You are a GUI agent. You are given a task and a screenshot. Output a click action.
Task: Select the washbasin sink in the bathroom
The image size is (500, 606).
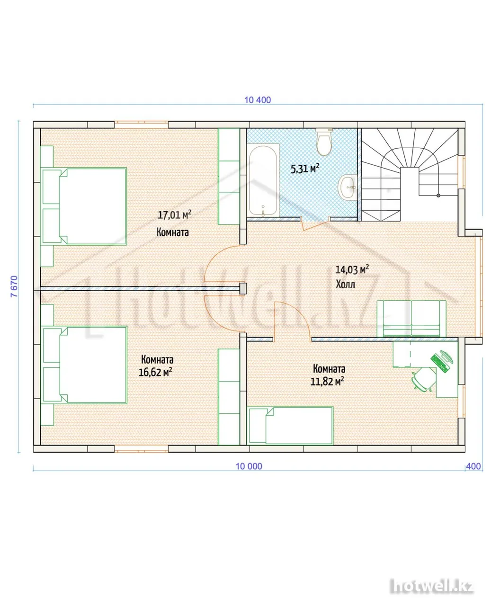pos(348,187)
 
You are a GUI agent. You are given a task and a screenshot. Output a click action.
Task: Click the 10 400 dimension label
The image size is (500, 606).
pos(258,100)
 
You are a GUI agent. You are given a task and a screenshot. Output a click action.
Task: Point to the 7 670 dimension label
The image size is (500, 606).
pos(14,286)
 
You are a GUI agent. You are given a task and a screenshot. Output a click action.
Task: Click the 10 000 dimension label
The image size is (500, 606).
pos(249,466)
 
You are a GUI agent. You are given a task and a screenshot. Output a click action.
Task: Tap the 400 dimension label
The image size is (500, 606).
pos(473,466)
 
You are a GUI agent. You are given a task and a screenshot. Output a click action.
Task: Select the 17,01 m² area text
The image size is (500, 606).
pos(175,215)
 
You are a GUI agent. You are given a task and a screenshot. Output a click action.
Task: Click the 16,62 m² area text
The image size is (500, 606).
pos(155,372)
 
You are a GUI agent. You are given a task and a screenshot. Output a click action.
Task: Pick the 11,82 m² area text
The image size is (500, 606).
pos(327,382)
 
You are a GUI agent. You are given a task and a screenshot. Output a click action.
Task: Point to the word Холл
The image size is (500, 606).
pos(345,284)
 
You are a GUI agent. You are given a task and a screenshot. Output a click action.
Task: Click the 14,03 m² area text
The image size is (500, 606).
pos(352,270)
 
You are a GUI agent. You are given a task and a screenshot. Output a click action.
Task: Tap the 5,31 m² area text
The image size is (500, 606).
pos(305,169)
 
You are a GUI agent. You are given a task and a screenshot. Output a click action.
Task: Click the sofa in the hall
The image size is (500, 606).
pos(411,319)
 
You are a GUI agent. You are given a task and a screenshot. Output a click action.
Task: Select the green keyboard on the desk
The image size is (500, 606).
pos(439,363)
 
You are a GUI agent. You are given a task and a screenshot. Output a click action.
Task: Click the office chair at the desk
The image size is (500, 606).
pos(424,379)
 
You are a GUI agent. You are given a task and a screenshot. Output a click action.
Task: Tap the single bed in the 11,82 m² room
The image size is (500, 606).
pos(291,425)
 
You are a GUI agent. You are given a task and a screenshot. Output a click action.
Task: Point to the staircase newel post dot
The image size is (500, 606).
pos(438,196)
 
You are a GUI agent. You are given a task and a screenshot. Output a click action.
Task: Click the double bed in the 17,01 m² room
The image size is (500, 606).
pos(84,206)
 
